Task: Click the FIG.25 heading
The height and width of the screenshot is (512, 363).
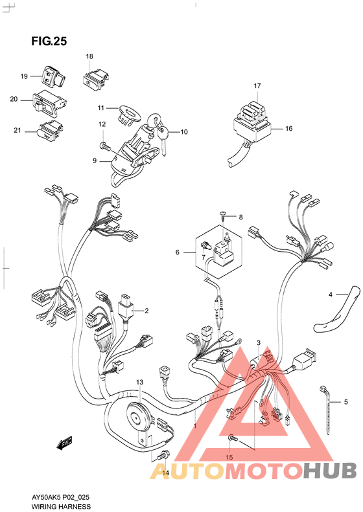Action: (49, 41)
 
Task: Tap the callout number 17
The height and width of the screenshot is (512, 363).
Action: (257, 85)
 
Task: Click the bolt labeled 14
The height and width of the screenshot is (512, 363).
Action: (163, 456)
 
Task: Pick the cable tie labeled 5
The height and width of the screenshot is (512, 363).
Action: (327, 410)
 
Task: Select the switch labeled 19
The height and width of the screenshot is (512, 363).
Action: (52, 76)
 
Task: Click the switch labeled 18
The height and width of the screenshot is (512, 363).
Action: (96, 80)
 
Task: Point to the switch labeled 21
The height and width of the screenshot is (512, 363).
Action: (49, 131)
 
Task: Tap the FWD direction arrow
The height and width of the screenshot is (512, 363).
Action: (64, 443)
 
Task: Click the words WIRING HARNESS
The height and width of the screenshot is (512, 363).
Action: (61, 506)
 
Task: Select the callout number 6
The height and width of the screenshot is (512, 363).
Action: (177, 252)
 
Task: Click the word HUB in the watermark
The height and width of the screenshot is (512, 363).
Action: (329, 470)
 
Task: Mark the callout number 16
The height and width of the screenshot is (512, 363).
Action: (288, 128)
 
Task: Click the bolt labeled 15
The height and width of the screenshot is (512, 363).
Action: (233, 438)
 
